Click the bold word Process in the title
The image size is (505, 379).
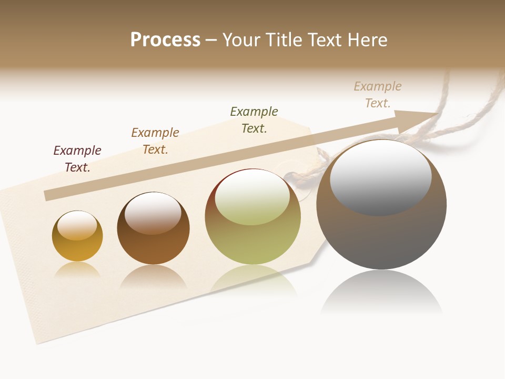click(165, 40)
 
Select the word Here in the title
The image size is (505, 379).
click(367, 40)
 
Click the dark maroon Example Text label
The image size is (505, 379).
click(77, 158)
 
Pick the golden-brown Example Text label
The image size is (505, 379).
click(155, 141)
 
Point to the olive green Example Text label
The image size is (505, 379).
click(254, 119)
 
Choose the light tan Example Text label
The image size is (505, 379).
click(378, 94)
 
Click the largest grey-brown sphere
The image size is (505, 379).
click(381, 237)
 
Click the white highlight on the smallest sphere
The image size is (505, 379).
click(77, 225)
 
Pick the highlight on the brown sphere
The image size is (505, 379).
click(153, 212)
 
